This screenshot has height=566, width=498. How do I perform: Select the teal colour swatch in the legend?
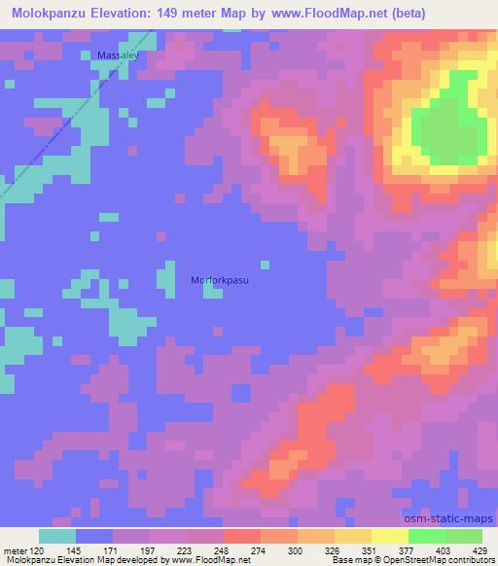tap(57, 537)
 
